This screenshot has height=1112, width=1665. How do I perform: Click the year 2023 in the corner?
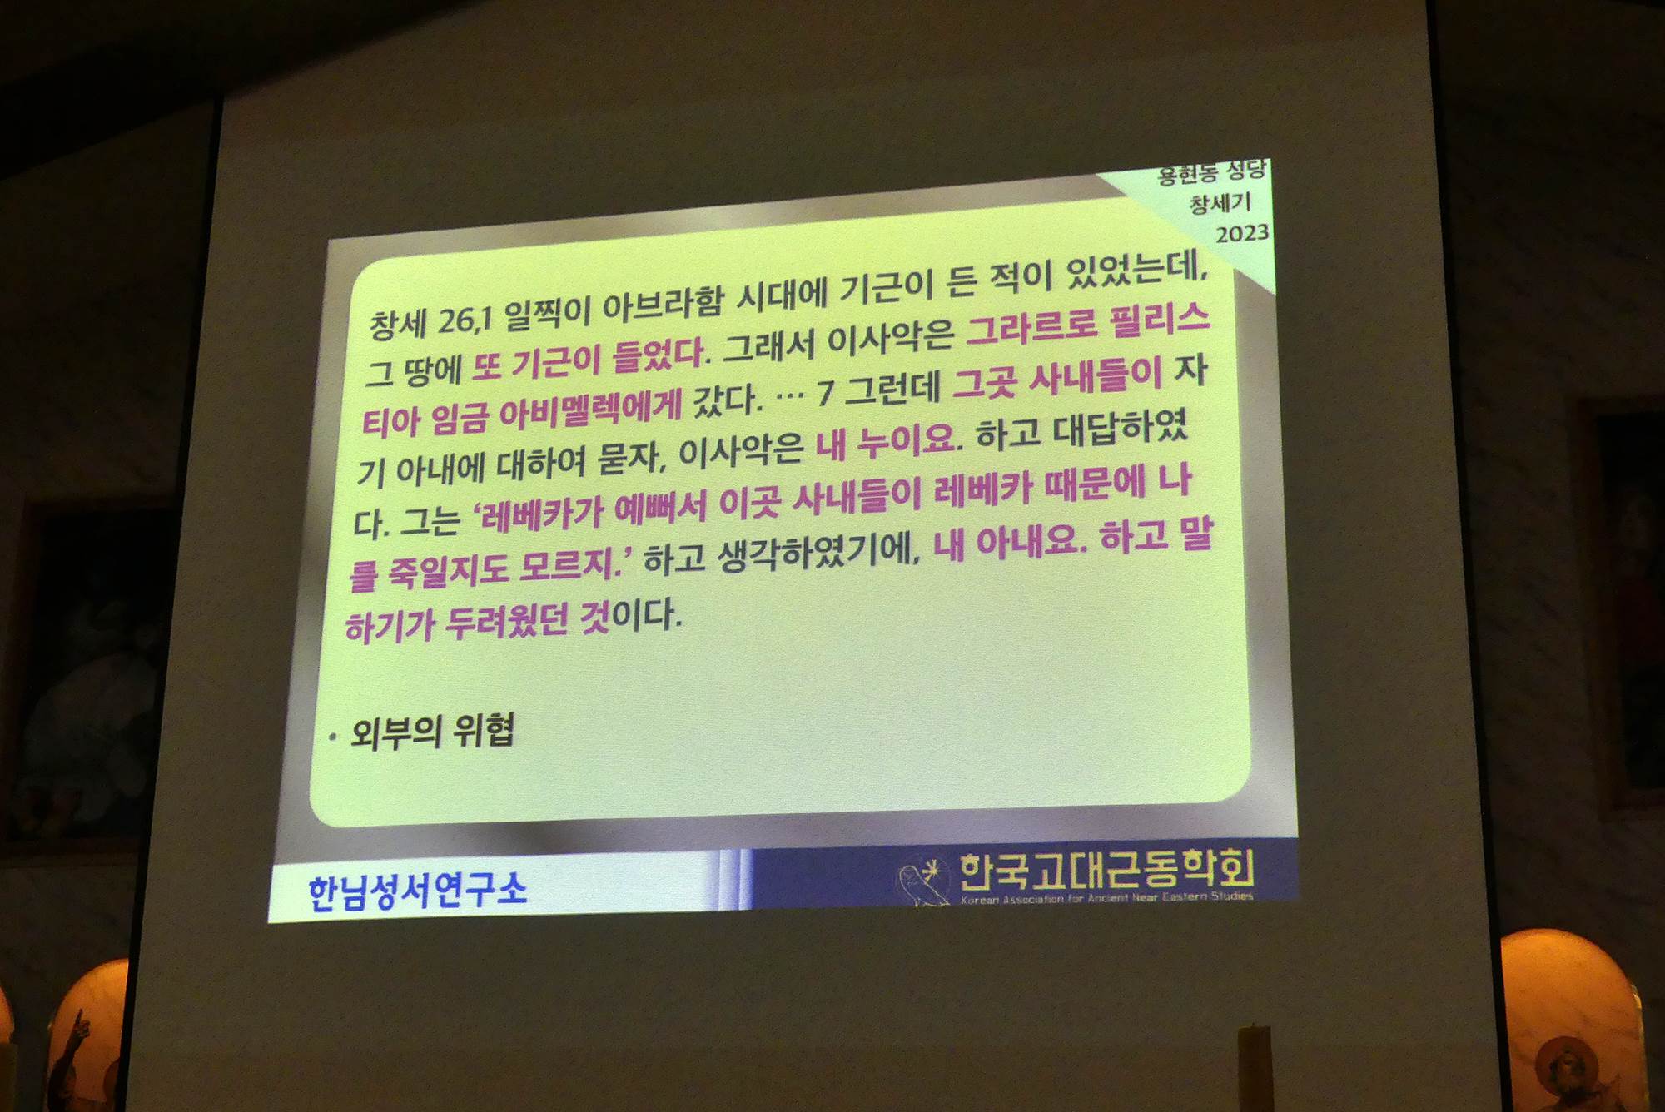(x=1242, y=234)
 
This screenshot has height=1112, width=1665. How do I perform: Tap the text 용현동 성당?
(x=1212, y=173)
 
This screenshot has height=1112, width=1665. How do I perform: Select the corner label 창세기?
(x=1220, y=203)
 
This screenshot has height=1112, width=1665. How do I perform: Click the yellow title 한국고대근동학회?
(x=1107, y=870)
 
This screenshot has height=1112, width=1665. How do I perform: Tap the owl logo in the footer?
(x=922, y=882)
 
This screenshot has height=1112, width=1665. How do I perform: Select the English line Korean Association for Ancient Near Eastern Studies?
(x=1107, y=897)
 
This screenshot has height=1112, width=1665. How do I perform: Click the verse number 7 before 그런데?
(x=825, y=392)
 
